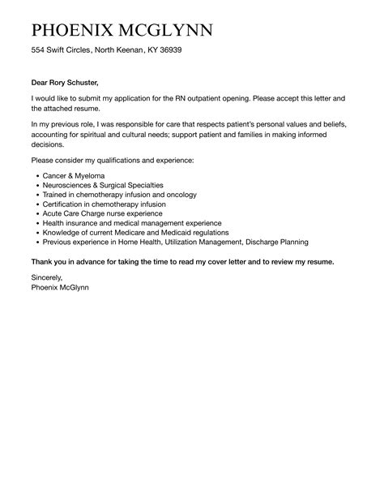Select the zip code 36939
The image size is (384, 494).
pyautogui.click(x=169, y=50)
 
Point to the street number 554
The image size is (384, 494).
pyautogui.click(x=38, y=50)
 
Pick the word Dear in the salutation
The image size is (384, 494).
pyautogui.click(x=41, y=82)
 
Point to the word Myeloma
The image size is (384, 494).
pyautogui.click(x=87, y=175)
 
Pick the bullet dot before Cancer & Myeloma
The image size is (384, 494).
pyautogui.click(x=38, y=176)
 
